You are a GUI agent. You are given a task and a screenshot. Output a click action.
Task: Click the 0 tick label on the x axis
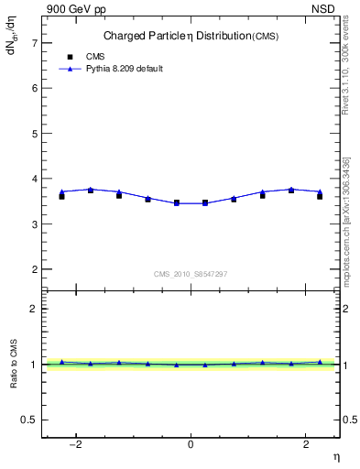191,444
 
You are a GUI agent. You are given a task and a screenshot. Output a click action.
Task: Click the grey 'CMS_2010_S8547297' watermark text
191,274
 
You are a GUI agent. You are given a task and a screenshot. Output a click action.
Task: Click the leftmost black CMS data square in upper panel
61,196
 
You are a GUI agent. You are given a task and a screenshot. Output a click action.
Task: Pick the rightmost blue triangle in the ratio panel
320,362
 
